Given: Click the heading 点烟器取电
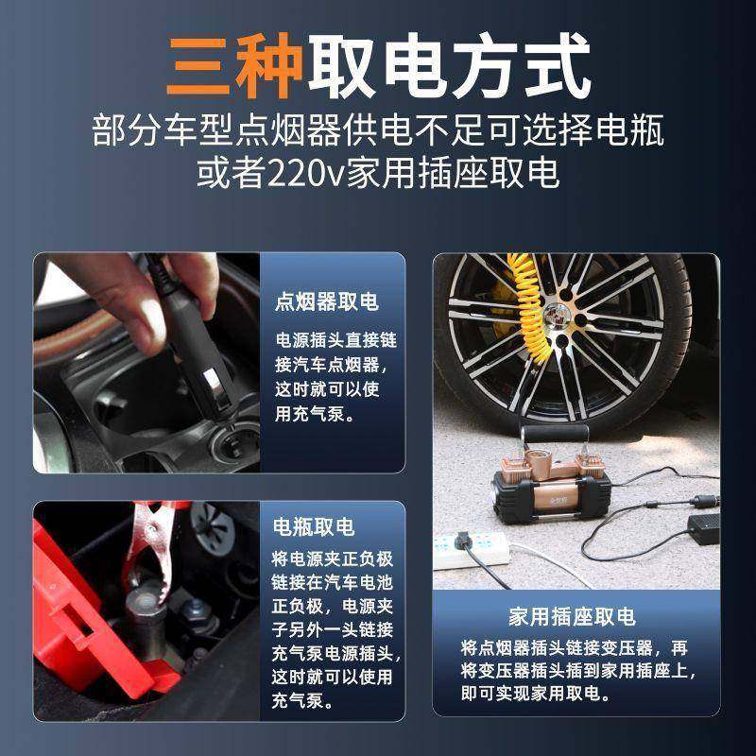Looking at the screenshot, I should coord(327,302).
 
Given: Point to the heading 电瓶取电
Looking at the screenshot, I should coord(314,527).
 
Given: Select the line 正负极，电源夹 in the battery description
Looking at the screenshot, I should coord(335,605).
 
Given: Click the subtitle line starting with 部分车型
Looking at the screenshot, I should coord(378,130).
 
